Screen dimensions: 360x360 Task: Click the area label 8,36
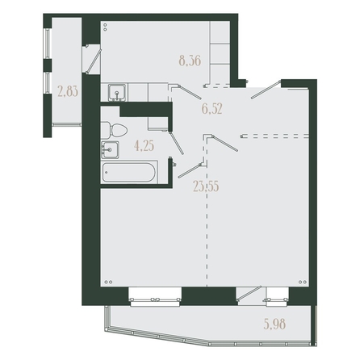point(190,61)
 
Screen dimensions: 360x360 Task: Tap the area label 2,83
point(68,91)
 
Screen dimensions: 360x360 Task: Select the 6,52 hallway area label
point(212,109)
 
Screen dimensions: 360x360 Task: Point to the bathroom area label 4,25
point(144,146)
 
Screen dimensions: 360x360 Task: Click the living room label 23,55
point(206,186)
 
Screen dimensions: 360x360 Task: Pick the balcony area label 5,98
point(274,324)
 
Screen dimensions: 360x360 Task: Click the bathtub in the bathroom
point(129,172)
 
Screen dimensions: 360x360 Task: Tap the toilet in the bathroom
point(114,130)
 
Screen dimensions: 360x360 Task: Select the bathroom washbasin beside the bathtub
point(110,149)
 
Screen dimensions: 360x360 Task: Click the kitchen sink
point(117,93)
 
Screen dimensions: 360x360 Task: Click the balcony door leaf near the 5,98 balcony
point(249,293)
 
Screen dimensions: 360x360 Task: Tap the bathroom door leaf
point(176,143)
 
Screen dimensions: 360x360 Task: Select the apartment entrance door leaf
point(266,90)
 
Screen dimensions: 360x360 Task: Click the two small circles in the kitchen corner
point(105,27)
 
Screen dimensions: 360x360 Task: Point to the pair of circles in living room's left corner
point(108,282)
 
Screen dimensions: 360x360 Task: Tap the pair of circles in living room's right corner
point(303,282)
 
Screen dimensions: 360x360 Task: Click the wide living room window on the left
point(155,297)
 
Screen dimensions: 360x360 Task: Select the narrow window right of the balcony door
point(277,297)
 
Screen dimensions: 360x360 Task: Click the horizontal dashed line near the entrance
point(274,136)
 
